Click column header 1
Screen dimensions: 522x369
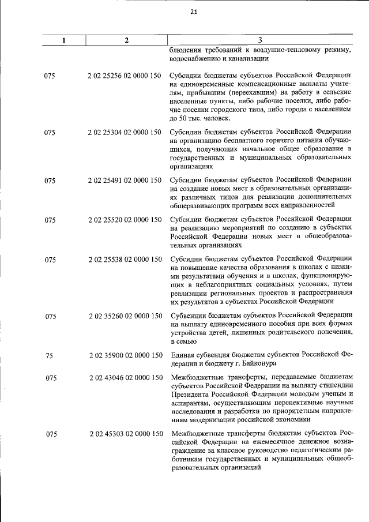pyautogui.click(x=64, y=40)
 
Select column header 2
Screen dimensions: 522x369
pyautogui.click(x=126, y=40)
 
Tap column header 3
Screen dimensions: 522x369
pyautogui.click(x=259, y=40)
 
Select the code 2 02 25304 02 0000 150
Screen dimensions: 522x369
pyautogui.click(x=125, y=132)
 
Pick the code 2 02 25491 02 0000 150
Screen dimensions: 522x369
pyautogui.click(x=125, y=180)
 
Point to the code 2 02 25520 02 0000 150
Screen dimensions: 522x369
pyautogui.click(x=125, y=219)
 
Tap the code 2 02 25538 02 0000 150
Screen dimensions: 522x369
pyautogui.click(x=125, y=260)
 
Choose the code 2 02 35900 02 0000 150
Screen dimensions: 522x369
pyautogui.click(x=125, y=355)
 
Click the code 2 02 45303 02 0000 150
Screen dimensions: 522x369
pyautogui.click(x=125, y=433)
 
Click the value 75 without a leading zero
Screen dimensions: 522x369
pyautogui.click(x=48, y=355)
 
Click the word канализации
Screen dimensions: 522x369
pyautogui.click(x=244, y=59)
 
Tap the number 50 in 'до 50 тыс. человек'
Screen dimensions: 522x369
pyautogui.click(x=184, y=119)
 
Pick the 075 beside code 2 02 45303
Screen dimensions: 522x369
pyautogui.click(x=50, y=433)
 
